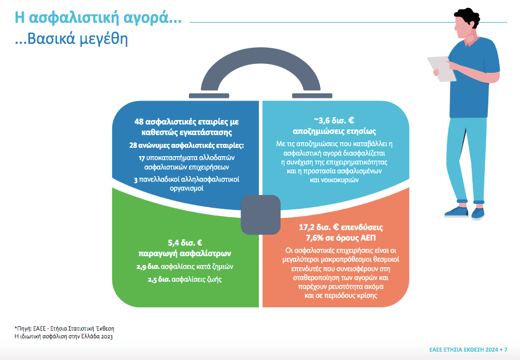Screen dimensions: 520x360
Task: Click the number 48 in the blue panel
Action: (x=139, y=122)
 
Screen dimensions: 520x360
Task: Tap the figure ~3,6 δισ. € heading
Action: (x=334, y=121)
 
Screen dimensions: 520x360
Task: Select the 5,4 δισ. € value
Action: (x=184, y=243)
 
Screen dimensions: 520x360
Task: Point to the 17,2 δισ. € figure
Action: (x=319, y=227)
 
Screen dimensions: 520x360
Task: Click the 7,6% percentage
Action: (x=314, y=238)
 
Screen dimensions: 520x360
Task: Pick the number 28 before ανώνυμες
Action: (x=133, y=146)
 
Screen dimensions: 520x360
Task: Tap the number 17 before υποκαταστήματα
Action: (x=142, y=158)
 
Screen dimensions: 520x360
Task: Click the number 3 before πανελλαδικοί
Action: (x=136, y=180)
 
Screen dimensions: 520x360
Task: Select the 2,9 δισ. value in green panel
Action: (x=148, y=267)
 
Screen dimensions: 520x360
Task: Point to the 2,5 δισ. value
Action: (x=159, y=280)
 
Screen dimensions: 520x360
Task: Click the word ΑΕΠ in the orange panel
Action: (x=368, y=238)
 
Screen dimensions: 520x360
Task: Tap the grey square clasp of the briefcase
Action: (x=261, y=215)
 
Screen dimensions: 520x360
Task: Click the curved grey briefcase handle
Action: (x=261, y=53)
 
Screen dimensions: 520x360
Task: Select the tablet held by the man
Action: (x=442, y=69)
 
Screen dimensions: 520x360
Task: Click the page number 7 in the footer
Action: (x=506, y=350)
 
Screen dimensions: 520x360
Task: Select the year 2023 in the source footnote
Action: (x=107, y=337)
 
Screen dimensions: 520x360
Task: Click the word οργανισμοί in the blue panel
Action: (x=186, y=189)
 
